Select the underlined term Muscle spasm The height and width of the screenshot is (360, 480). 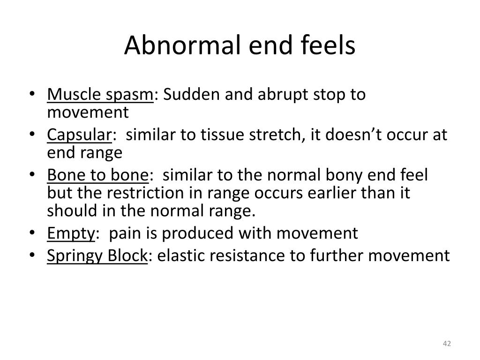(100, 95)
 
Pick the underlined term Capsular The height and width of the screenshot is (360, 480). (79, 135)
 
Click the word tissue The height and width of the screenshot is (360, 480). (218, 135)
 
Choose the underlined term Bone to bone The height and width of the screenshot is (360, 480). (97, 176)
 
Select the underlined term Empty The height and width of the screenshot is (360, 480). (71, 233)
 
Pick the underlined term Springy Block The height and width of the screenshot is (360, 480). (97, 256)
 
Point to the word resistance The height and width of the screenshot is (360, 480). (242, 256)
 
